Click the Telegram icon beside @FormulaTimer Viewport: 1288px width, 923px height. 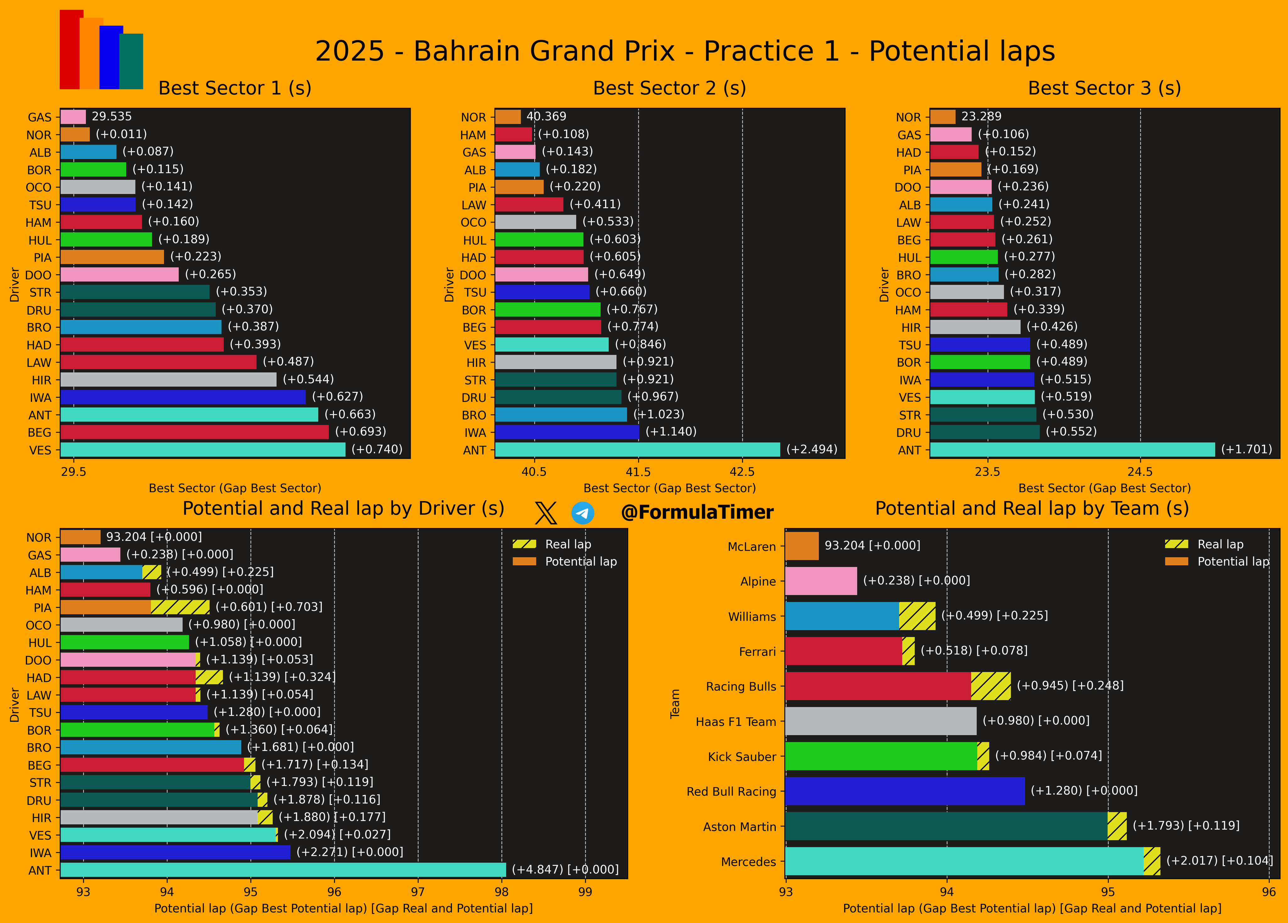(583, 513)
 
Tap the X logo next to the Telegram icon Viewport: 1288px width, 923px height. (546, 513)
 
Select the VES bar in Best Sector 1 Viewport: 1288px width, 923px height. (203, 450)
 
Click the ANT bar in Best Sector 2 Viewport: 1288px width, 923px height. (637, 450)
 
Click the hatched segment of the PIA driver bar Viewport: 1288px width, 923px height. (180, 607)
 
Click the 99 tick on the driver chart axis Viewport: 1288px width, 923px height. (585, 892)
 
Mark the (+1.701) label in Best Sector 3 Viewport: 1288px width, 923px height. (1246, 449)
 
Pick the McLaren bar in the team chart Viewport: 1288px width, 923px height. (802, 546)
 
